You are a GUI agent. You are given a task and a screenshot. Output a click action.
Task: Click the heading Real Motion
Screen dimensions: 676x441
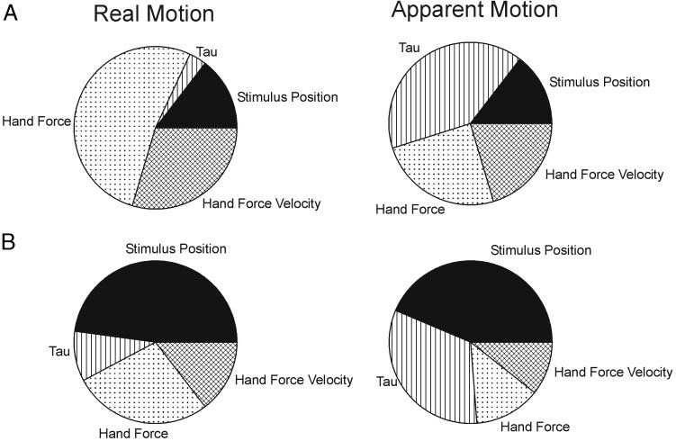[x=154, y=13]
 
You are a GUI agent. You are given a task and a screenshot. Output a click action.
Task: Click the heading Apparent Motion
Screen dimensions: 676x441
[x=474, y=10]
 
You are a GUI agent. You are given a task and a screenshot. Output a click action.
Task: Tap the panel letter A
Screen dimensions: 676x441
[x=10, y=13]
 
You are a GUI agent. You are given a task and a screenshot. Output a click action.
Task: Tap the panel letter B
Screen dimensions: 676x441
[x=9, y=242]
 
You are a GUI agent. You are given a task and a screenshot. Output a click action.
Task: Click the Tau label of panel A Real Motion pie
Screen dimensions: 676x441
[x=207, y=51]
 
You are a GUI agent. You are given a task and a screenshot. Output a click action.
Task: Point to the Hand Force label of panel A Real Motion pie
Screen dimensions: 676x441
[x=37, y=121]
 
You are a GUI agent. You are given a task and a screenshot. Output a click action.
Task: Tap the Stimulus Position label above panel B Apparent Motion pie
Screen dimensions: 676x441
[x=541, y=250]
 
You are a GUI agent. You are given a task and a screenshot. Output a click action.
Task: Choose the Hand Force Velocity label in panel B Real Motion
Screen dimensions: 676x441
[x=293, y=380]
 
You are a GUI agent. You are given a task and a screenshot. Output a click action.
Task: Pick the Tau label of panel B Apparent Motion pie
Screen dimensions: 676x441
[x=387, y=382]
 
